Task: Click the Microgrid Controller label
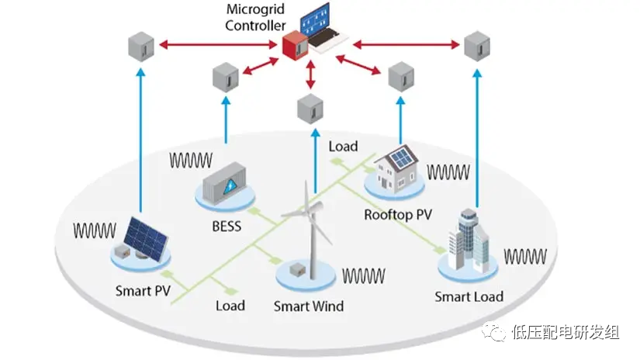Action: pyautogui.click(x=255, y=17)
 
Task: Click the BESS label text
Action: pyautogui.click(x=226, y=227)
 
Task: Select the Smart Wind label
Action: pyautogui.click(x=309, y=306)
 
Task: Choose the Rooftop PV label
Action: pyautogui.click(x=398, y=214)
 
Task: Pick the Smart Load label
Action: pyautogui.click(x=469, y=296)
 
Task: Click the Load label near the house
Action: pyautogui.click(x=343, y=146)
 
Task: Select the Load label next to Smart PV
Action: pyautogui.click(x=230, y=306)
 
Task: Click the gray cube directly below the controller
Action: pyautogui.click(x=312, y=106)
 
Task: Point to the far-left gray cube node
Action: pyautogui.click(x=140, y=47)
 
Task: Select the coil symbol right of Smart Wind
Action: pyautogui.click(x=364, y=275)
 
